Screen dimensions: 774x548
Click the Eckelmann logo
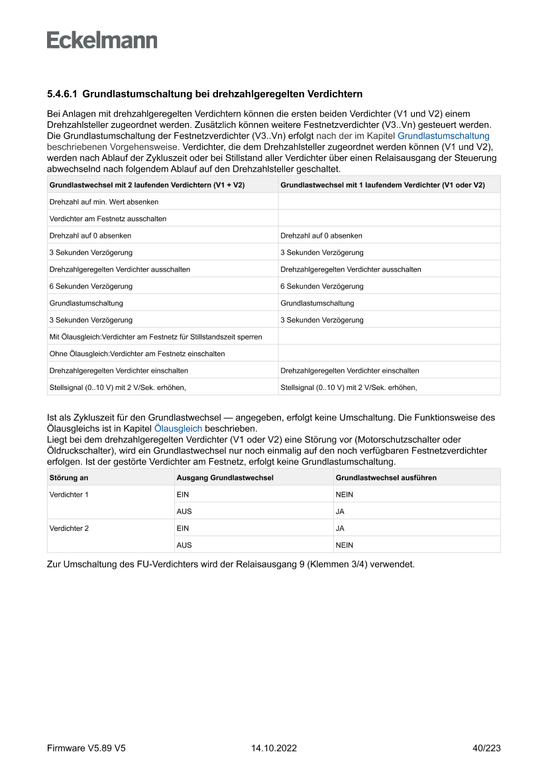coord(102,40)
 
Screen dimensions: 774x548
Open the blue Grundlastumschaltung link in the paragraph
coord(443,135)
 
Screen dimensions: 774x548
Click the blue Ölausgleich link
coord(178,428)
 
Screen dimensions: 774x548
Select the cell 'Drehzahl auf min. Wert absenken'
coord(104,201)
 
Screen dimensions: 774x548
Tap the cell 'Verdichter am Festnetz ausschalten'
coord(108,218)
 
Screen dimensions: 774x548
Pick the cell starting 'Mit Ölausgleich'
coord(156,337)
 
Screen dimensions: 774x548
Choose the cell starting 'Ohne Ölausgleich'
coord(137,354)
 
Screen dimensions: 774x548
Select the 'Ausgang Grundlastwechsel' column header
coord(215,477)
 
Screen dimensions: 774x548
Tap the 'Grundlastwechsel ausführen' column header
coord(386,477)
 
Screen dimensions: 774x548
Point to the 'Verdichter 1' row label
coord(69,495)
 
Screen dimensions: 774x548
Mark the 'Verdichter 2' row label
coord(69,528)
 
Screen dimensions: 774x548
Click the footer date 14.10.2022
coord(274,748)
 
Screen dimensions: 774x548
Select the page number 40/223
coord(486,748)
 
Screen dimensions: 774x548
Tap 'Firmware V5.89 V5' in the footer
coord(86,748)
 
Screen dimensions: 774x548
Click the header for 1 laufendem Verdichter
coord(382,185)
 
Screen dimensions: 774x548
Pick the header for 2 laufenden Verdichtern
coord(147,185)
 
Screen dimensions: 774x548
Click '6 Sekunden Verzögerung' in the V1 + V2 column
coord(91,286)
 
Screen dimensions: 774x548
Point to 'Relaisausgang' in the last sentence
coord(280,565)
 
